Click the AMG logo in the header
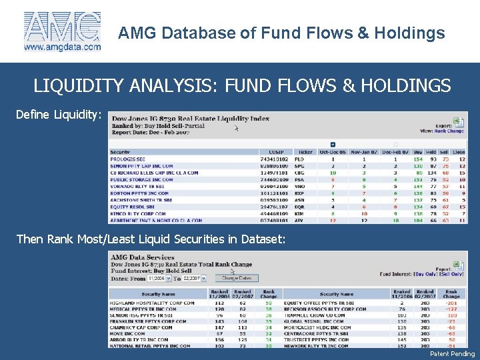point(62,27)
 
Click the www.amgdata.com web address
point(63,47)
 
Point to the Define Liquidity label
point(59,115)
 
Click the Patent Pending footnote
point(452,354)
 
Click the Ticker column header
point(306,152)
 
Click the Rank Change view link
point(450,131)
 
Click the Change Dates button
point(236,278)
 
